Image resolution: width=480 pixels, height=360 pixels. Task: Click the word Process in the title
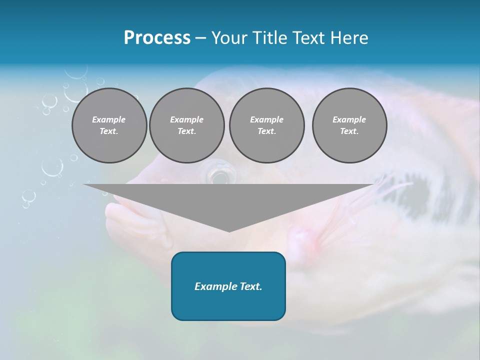[157, 38]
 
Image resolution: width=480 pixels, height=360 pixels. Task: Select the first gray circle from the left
[109, 125]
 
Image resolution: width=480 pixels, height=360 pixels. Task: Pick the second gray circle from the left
[186, 125]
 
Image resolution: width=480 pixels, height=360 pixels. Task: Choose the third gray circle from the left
[266, 125]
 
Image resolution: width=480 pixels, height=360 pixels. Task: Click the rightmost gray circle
[349, 125]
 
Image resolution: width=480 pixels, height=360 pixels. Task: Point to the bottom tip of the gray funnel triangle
[229, 231]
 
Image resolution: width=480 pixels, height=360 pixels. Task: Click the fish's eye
[218, 175]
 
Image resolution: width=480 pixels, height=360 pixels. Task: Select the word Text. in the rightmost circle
[349, 131]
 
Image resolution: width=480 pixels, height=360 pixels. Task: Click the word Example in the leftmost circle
[109, 119]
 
